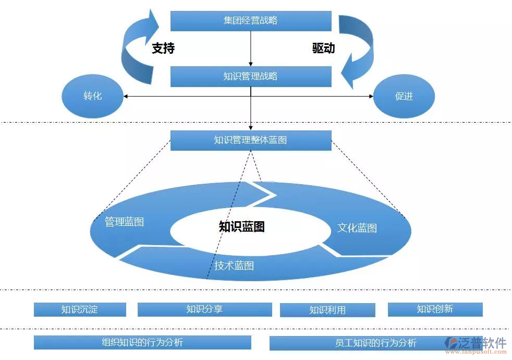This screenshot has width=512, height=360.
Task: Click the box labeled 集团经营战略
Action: pos(251,21)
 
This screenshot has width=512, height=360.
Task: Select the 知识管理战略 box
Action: pos(251,77)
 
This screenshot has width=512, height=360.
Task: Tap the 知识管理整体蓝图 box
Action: pos(251,140)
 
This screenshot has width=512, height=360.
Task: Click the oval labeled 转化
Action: pos(92,97)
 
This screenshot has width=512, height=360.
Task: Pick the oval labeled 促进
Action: pos(404,97)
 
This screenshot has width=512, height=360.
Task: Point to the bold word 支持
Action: pos(163,49)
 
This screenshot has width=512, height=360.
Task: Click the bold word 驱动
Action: pos(323,49)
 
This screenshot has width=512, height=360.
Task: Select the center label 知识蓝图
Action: pos(241,226)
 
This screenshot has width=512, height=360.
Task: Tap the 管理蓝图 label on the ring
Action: pos(124,222)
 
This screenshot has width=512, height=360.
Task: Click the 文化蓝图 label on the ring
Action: pos(357,228)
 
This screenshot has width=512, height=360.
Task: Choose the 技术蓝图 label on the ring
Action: pos(234,266)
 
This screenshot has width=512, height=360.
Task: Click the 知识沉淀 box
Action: pos(80,309)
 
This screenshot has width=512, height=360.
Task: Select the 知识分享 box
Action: pos(204,309)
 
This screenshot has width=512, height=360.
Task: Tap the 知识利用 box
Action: pos(327,310)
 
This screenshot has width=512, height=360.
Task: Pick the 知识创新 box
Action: pos(435,309)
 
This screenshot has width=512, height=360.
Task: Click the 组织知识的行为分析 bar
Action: pos(142,342)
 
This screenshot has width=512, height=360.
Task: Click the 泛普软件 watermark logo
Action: pos(475,344)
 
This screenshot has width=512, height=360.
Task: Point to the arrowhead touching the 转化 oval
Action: pos(126,97)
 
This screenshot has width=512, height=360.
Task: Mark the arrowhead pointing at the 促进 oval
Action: pos(371,97)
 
